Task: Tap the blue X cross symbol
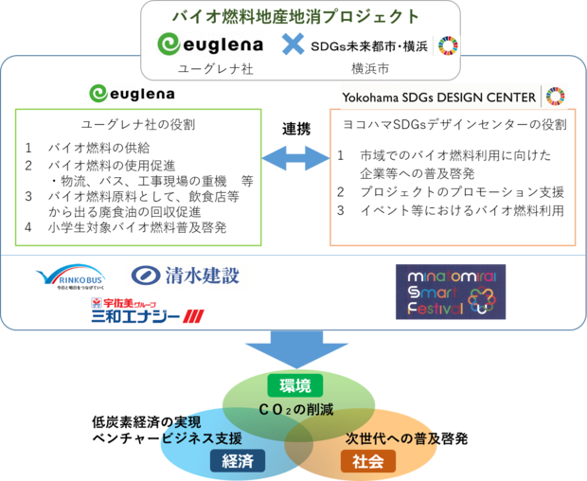click(293, 45)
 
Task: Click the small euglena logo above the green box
click(132, 94)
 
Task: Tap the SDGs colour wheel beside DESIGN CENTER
click(558, 96)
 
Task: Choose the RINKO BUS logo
click(72, 277)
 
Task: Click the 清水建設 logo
click(186, 276)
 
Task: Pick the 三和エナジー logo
click(148, 311)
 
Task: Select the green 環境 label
click(294, 385)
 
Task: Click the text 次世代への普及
click(387, 439)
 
